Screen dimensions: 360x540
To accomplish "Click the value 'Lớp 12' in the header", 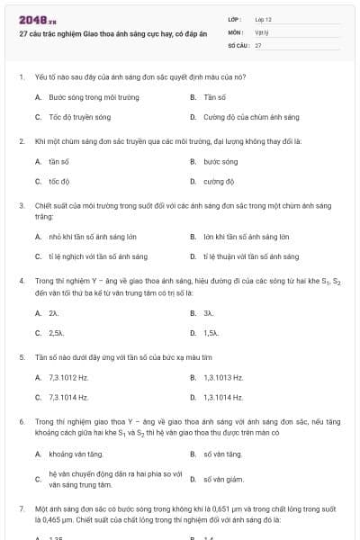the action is tap(263, 19).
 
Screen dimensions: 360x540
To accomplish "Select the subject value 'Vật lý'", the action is tap(260, 31).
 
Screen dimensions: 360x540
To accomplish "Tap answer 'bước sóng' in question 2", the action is tap(220, 162).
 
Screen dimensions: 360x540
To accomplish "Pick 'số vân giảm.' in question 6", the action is tap(223, 479).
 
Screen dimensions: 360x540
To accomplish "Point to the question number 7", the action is tap(21, 508).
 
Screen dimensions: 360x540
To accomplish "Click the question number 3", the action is tap(21, 205).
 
